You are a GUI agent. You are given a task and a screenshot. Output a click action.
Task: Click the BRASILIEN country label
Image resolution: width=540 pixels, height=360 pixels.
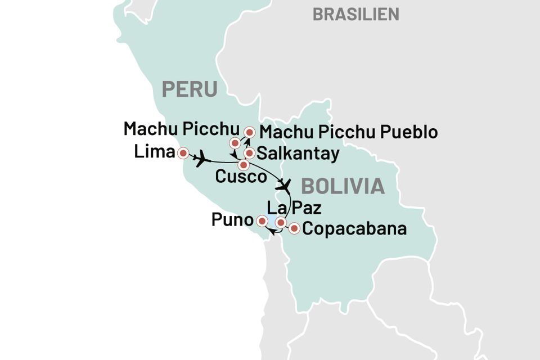pyautogui.click(x=355, y=14)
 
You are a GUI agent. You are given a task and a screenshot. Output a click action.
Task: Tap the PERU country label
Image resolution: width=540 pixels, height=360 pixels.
pyautogui.click(x=190, y=88)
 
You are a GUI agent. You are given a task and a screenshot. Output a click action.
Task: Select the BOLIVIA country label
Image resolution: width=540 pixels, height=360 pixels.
pyautogui.click(x=343, y=186)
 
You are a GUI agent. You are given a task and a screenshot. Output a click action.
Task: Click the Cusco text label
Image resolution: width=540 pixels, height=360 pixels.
pyautogui.click(x=240, y=177)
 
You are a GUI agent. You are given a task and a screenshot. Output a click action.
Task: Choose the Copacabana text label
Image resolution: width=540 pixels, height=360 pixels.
pyautogui.click(x=354, y=229)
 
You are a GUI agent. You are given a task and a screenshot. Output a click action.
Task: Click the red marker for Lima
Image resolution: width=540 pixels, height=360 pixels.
pyautogui.click(x=182, y=153)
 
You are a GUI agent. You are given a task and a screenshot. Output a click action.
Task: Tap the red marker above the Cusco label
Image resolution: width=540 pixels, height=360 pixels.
pyautogui.click(x=244, y=165)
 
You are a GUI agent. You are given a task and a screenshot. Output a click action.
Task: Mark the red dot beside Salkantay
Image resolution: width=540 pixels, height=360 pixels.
pyautogui.click(x=249, y=153)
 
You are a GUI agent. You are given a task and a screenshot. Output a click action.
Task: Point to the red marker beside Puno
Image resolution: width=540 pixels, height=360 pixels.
pyautogui.click(x=262, y=220)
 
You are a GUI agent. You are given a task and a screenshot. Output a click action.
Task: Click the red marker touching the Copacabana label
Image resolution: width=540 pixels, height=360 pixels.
pyautogui.click(x=294, y=229)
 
